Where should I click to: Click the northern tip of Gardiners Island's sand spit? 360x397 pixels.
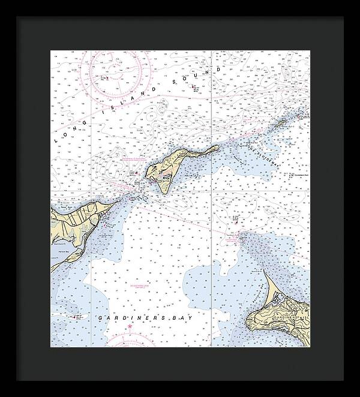click(x=242, y=236)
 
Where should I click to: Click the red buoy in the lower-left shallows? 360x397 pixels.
click(x=75, y=317)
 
